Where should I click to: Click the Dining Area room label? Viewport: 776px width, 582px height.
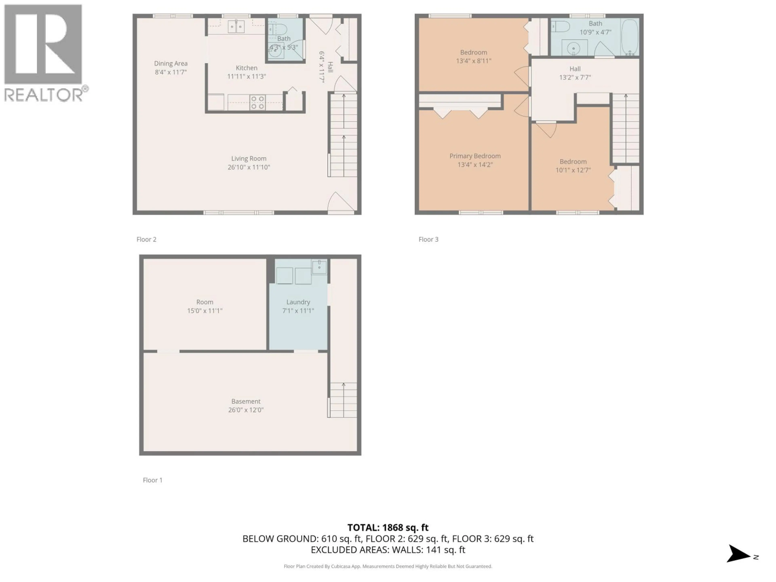(x=171, y=63)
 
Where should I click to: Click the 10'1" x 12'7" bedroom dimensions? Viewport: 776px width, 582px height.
(x=573, y=170)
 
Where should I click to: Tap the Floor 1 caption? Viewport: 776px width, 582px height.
(x=153, y=480)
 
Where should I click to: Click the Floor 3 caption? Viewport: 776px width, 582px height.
(x=428, y=239)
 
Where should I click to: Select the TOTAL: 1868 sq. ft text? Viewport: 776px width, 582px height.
(x=388, y=528)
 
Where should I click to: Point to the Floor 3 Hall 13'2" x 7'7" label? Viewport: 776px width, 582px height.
(x=575, y=73)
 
